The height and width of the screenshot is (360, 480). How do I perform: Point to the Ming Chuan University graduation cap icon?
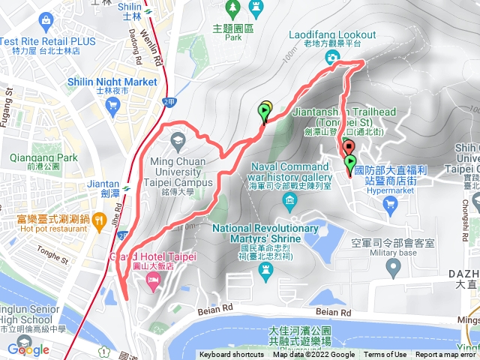click(178, 139)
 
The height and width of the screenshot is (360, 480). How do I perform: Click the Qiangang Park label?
click(43, 158)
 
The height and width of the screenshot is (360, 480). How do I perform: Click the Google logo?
click(28, 349)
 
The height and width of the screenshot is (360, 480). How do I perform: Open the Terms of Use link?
click(385, 355)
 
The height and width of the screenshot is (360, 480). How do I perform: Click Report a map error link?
click(447, 355)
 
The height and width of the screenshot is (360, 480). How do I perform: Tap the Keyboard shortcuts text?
click(231, 355)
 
